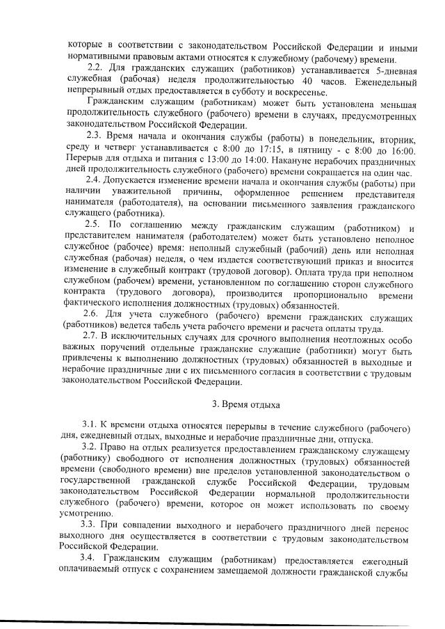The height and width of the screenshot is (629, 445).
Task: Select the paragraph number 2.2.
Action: pyautogui.click(x=97, y=70)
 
